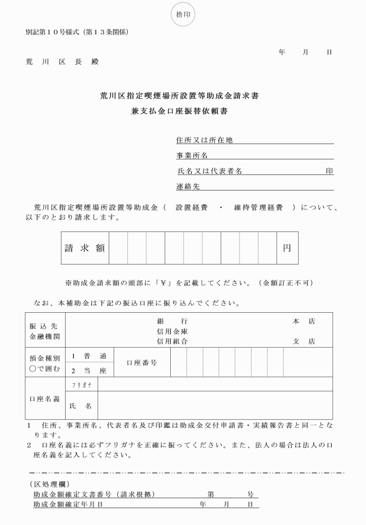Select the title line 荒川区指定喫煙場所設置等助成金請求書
(182, 97)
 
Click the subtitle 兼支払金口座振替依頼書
(182, 113)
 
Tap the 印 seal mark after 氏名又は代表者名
(329, 172)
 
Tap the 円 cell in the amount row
(287, 248)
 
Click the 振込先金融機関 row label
(45, 331)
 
